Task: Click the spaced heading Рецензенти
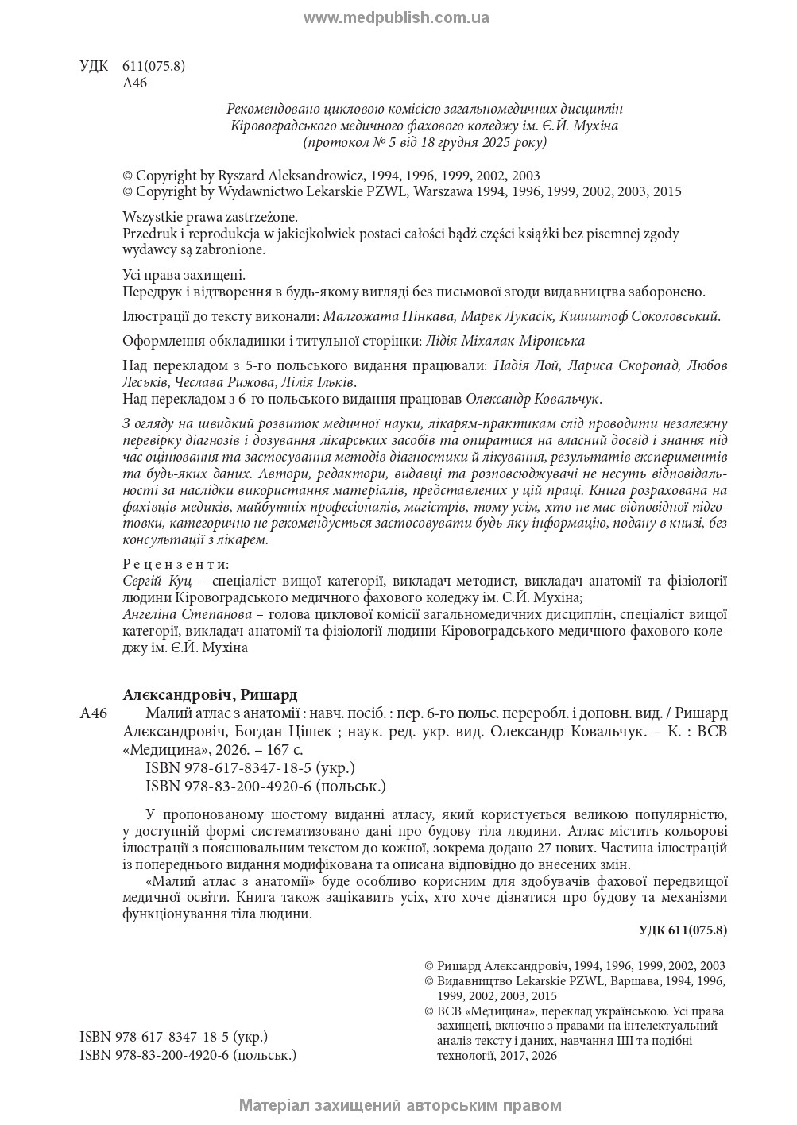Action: click(176, 565)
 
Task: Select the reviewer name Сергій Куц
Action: click(153, 582)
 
